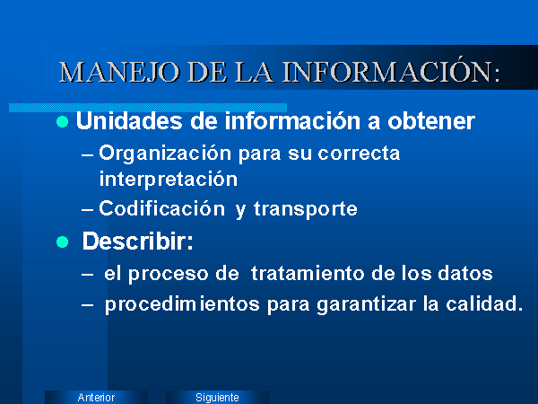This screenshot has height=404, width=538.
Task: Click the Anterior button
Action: click(x=97, y=397)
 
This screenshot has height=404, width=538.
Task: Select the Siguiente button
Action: click(x=217, y=397)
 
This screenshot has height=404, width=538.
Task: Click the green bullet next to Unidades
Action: click(x=62, y=121)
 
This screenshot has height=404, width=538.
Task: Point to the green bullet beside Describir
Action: click(x=62, y=242)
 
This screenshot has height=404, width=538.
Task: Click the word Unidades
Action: click(x=129, y=121)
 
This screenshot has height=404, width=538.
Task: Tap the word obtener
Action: click(x=431, y=121)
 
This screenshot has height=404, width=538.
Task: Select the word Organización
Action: click(x=165, y=154)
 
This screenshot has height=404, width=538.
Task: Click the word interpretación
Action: click(x=169, y=180)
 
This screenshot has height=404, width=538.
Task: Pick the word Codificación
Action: click(x=161, y=208)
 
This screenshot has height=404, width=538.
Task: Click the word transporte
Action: click(x=306, y=209)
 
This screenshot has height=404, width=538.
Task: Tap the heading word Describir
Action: click(x=137, y=242)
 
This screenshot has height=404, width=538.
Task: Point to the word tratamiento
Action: click(x=308, y=274)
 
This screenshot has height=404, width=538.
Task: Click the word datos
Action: click(x=464, y=274)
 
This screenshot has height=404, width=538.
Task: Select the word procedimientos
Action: click(x=182, y=304)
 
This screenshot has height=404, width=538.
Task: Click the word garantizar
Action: click(x=366, y=305)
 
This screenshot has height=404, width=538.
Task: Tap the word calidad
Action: click(x=484, y=303)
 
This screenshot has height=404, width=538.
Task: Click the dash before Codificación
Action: click(x=87, y=209)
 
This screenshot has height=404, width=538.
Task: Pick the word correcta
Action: click(x=359, y=154)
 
